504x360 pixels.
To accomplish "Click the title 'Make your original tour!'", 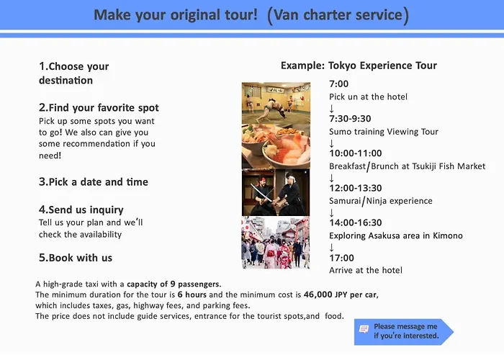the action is pyautogui.click(x=176, y=15).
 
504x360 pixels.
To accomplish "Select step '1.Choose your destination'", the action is pyautogui.click(x=74, y=73).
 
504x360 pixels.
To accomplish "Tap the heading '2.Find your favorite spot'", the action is pyautogui.click(x=99, y=108).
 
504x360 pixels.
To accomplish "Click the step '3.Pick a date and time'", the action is pyautogui.click(x=94, y=182).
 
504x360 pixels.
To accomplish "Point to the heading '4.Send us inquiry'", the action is pyautogui.click(x=81, y=210).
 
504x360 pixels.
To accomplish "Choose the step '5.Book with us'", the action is pyautogui.click(x=76, y=258).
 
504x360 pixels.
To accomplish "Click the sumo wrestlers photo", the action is pyautogui.click(x=276, y=103).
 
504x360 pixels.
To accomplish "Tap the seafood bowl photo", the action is pyautogui.click(x=276, y=147).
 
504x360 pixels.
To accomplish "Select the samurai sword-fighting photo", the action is pyautogui.click(x=276, y=192).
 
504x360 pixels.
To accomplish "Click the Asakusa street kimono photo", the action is pyautogui.click(x=276, y=243).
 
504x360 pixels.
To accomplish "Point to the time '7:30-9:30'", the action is pyautogui.click(x=350, y=119).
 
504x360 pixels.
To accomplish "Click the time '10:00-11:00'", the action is pyautogui.click(x=356, y=153).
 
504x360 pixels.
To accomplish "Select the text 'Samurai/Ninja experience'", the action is pyautogui.click(x=381, y=201).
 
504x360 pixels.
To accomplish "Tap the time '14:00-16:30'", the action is pyautogui.click(x=356, y=222).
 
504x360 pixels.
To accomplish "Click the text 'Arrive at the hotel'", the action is pyautogui.click(x=366, y=270).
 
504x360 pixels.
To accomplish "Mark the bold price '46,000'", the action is pyautogui.click(x=318, y=294).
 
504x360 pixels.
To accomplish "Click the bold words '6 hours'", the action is pyautogui.click(x=192, y=294).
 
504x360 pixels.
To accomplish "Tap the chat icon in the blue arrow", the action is pyautogui.click(x=364, y=329).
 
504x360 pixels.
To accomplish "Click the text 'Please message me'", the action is pyautogui.click(x=405, y=327).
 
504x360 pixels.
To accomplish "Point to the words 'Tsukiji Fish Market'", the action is pyautogui.click(x=449, y=166).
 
